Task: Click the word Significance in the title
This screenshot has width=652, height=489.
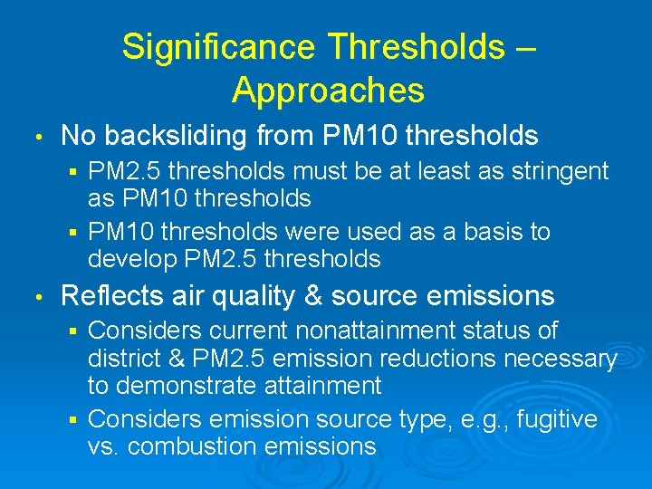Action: [217, 46]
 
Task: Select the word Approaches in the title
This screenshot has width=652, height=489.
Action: [328, 90]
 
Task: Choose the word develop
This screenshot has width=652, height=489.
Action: [132, 260]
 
